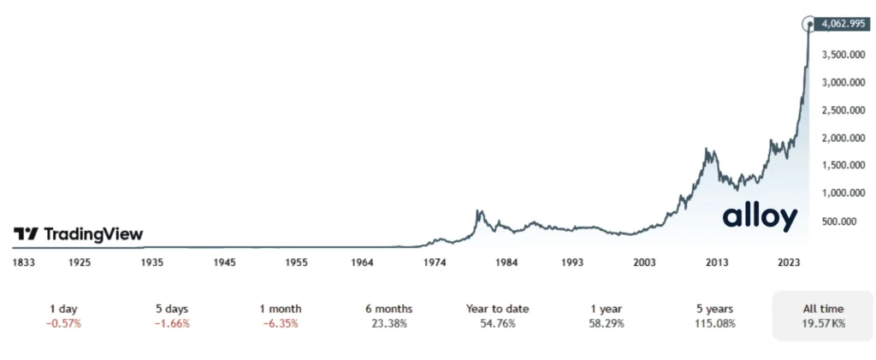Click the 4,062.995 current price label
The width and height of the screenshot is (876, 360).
click(843, 24)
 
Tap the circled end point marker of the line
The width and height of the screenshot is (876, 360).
click(810, 24)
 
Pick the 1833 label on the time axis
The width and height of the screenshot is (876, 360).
click(24, 263)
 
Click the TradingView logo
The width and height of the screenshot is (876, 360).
click(78, 234)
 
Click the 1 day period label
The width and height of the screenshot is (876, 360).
click(65, 309)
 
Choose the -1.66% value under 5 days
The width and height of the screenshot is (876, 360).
click(172, 323)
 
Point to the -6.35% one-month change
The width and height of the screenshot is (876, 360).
click(281, 323)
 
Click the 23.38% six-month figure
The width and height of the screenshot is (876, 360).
click(388, 323)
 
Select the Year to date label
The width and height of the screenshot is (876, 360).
click(496, 309)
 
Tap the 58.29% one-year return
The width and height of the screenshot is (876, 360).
click(607, 323)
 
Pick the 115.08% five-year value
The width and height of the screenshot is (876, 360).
click(714, 323)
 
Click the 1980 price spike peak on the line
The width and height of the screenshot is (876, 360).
click(479, 210)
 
